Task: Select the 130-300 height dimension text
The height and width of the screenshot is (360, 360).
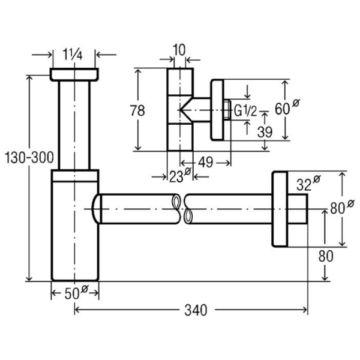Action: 29,158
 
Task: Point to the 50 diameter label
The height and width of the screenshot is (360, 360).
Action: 76,293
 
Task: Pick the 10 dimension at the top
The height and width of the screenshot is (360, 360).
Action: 179,49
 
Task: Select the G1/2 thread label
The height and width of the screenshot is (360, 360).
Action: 245,110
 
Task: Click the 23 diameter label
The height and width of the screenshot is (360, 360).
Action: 178,176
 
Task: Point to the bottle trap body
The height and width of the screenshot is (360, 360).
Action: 74,228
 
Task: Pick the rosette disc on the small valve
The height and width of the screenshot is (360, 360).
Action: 217,110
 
